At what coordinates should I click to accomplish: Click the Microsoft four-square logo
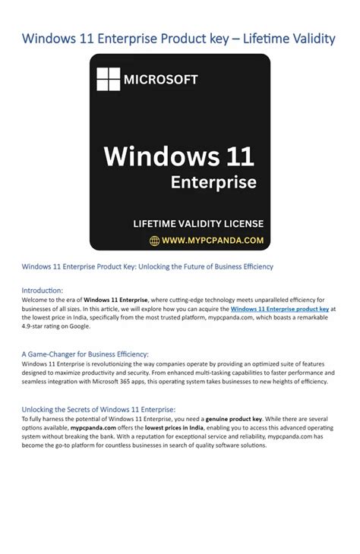[x=108, y=79]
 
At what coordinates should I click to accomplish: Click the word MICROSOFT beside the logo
[x=161, y=80]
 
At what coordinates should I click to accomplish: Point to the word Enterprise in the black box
[x=213, y=182]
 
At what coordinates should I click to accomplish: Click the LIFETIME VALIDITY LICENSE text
[x=198, y=223]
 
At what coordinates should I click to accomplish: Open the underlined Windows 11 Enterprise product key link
[x=279, y=310]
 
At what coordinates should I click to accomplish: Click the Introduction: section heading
[x=43, y=290]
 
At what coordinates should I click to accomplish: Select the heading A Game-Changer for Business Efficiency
[x=85, y=354]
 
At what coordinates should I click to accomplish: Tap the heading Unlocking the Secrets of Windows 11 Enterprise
[x=99, y=408]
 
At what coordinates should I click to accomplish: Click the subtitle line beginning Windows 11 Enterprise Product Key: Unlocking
[x=147, y=266]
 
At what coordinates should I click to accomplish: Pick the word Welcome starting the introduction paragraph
[x=36, y=301]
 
